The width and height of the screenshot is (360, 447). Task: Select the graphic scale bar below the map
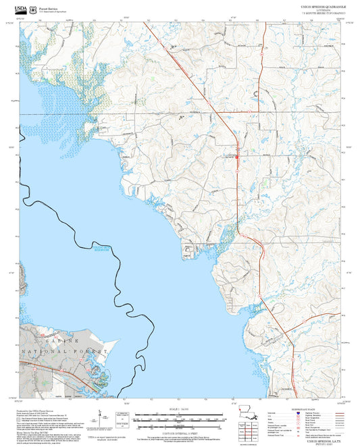pyautogui.click(x=180, y=419)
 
